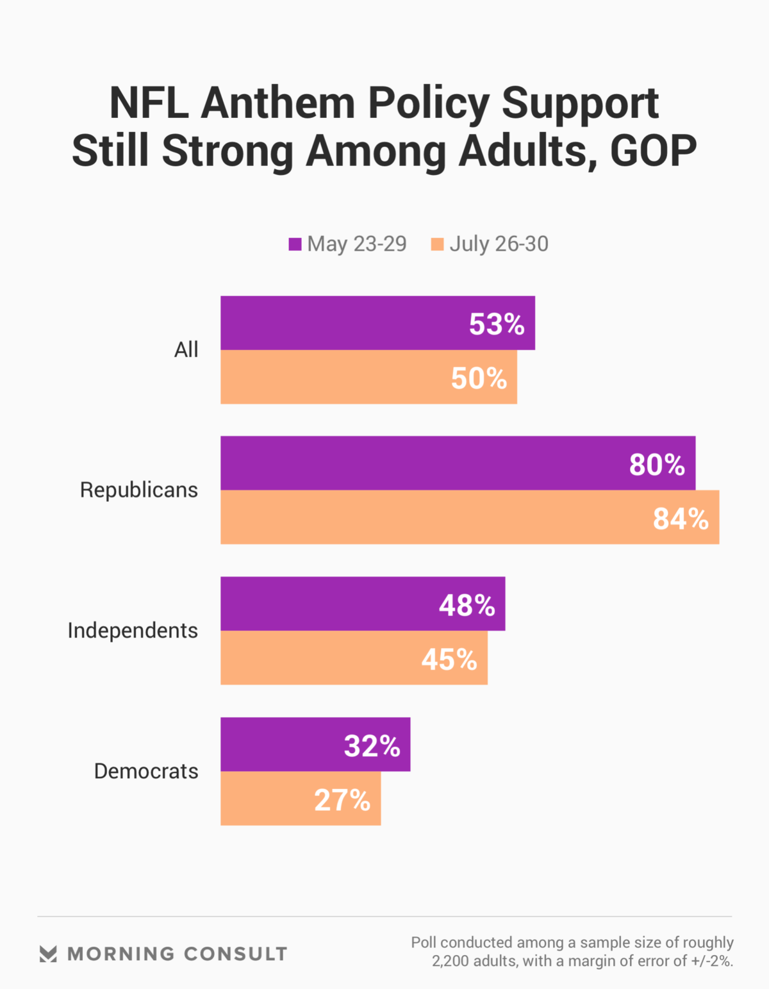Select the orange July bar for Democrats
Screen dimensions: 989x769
(269, 799)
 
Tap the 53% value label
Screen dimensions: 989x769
(497, 324)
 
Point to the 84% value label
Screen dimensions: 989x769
(681, 519)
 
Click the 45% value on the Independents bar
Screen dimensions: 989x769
(449, 660)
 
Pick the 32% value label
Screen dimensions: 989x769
(372, 745)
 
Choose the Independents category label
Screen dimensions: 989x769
(133, 631)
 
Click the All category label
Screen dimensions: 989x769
(186, 350)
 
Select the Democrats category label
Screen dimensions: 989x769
(146, 771)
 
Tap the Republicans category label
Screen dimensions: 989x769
(139, 490)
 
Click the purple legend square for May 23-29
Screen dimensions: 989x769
(295, 244)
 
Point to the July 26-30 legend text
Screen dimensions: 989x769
(499, 244)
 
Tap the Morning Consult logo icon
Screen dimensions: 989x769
(48, 954)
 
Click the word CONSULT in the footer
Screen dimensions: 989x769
(235, 954)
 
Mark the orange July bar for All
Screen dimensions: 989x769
(333, 378)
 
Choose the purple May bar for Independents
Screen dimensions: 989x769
(327, 604)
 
